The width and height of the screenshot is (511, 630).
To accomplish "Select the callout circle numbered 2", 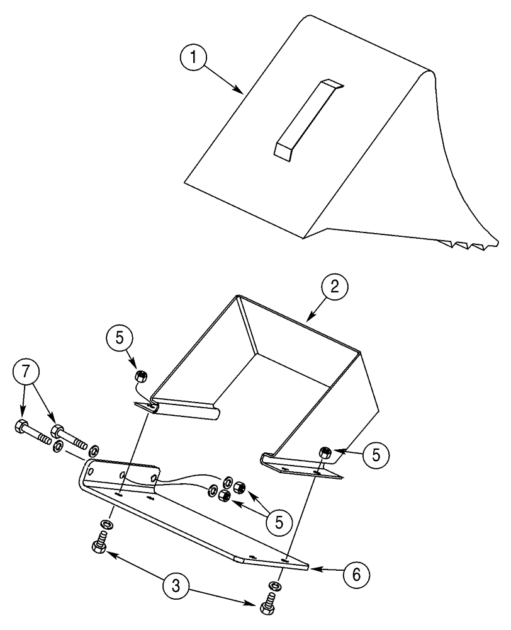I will click(335, 287).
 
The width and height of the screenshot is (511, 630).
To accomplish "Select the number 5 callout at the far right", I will click(375, 455).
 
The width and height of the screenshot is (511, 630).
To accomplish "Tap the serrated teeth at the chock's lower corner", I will click(469, 243).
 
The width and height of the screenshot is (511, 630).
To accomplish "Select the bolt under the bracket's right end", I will click(267, 606).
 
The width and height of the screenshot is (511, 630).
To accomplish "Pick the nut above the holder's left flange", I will click(142, 377).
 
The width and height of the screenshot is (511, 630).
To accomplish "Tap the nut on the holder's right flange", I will click(326, 451).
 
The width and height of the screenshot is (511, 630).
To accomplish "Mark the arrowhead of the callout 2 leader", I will click(307, 321).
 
